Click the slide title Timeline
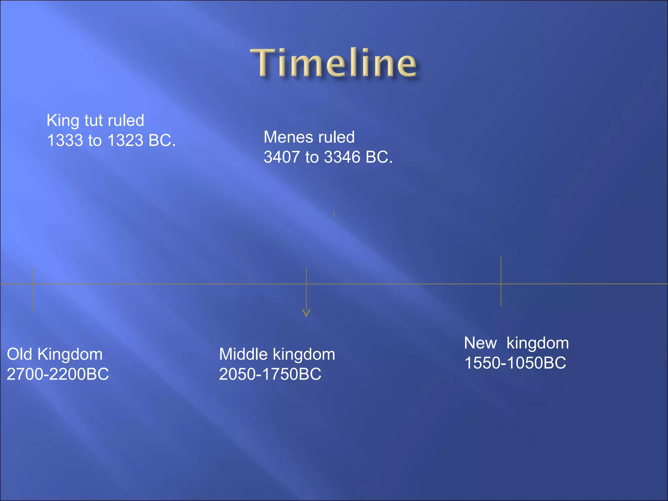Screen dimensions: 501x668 pyautogui.click(x=333, y=63)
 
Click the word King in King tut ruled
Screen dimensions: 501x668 pyautogui.click(x=63, y=121)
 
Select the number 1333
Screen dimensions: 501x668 pyautogui.click(x=65, y=141)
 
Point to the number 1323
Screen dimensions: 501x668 pyautogui.click(x=125, y=141)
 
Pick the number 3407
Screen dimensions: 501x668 pyautogui.click(x=281, y=157)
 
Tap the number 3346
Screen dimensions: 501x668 pyautogui.click(x=342, y=157)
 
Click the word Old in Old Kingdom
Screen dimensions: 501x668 pyautogui.click(x=19, y=354)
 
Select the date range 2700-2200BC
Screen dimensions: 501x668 pyautogui.click(x=58, y=374)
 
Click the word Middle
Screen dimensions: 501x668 pyautogui.click(x=243, y=354)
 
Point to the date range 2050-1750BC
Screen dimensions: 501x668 pyautogui.click(x=270, y=374)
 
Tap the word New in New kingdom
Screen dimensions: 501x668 pyautogui.click(x=480, y=343)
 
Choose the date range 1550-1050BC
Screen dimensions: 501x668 pyautogui.click(x=515, y=363)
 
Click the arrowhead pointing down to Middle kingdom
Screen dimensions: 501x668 pyautogui.click(x=306, y=313)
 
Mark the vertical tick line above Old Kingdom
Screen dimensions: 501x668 pyautogui.click(x=33, y=297)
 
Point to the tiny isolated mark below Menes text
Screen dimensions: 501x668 pyautogui.click(x=334, y=214)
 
